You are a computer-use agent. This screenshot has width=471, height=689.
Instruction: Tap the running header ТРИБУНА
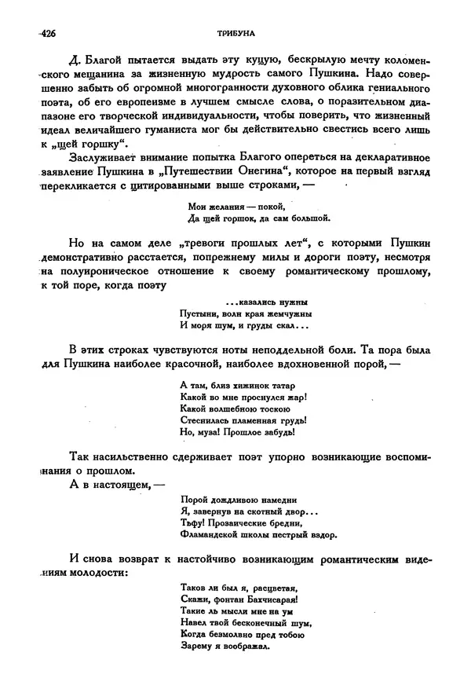[235, 33]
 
